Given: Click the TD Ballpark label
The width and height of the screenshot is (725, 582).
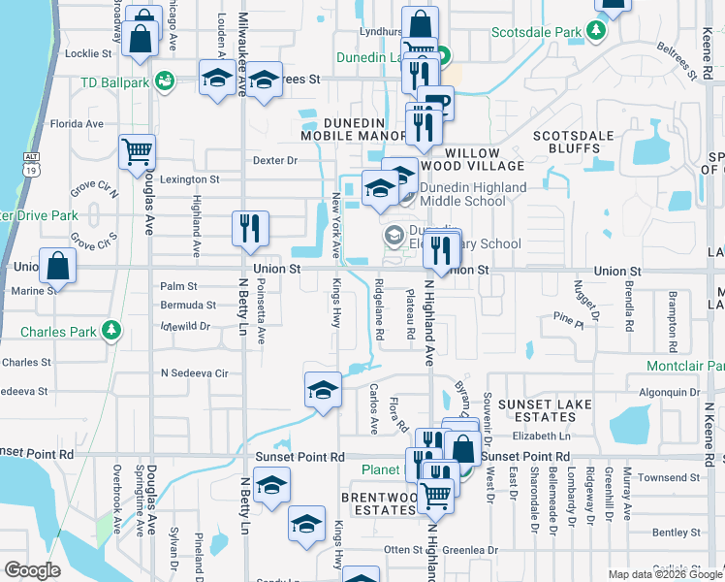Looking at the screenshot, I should pyautogui.click(x=114, y=81).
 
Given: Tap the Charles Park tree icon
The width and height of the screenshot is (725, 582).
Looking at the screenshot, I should pyautogui.click(x=112, y=331).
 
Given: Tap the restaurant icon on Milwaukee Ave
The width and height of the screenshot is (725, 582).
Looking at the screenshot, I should pyautogui.click(x=250, y=228).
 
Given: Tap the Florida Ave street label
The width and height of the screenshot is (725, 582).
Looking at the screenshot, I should pyautogui.click(x=77, y=124).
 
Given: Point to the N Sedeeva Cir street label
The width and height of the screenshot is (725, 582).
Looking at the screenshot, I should pyautogui.click(x=194, y=372).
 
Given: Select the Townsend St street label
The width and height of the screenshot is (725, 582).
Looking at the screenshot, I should pyautogui.click(x=669, y=477).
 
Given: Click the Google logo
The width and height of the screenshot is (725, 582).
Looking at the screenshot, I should pyautogui.click(x=32, y=570).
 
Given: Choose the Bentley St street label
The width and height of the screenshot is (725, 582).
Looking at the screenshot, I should pyautogui.click(x=676, y=533).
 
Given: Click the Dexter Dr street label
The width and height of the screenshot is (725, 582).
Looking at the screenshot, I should pyautogui.click(x=273, y=160).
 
